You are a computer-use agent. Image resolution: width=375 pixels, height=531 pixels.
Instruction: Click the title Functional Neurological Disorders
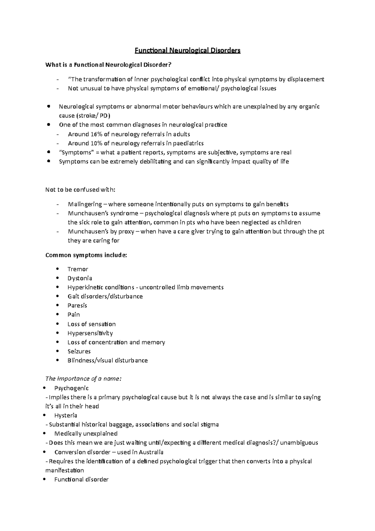(187, 51)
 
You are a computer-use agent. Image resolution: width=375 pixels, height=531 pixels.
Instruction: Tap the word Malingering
(85, 204)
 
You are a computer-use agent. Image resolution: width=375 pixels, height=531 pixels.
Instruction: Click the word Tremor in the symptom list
(78, 269)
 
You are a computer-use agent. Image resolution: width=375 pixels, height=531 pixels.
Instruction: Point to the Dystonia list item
(80, 278)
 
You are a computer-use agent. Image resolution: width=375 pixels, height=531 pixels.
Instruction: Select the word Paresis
(77, 305)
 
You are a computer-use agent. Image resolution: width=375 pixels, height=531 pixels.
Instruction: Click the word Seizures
(79, 351)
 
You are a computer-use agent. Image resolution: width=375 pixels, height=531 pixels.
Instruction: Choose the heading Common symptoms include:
(86, 255)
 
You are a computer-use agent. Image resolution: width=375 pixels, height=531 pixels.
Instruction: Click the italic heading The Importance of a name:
(83, 379)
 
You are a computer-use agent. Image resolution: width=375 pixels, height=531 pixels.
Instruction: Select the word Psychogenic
(72, 388)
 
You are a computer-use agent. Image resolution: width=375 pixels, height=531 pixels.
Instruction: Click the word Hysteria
(66, 415)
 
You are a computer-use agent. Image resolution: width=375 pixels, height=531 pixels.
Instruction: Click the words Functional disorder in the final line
(81, 479)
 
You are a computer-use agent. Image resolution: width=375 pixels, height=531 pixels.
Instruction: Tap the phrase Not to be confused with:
(80, 190)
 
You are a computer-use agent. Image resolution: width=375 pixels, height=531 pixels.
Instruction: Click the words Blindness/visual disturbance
(107, 360)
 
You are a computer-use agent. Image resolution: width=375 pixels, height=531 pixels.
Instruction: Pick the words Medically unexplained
(86, 433)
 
